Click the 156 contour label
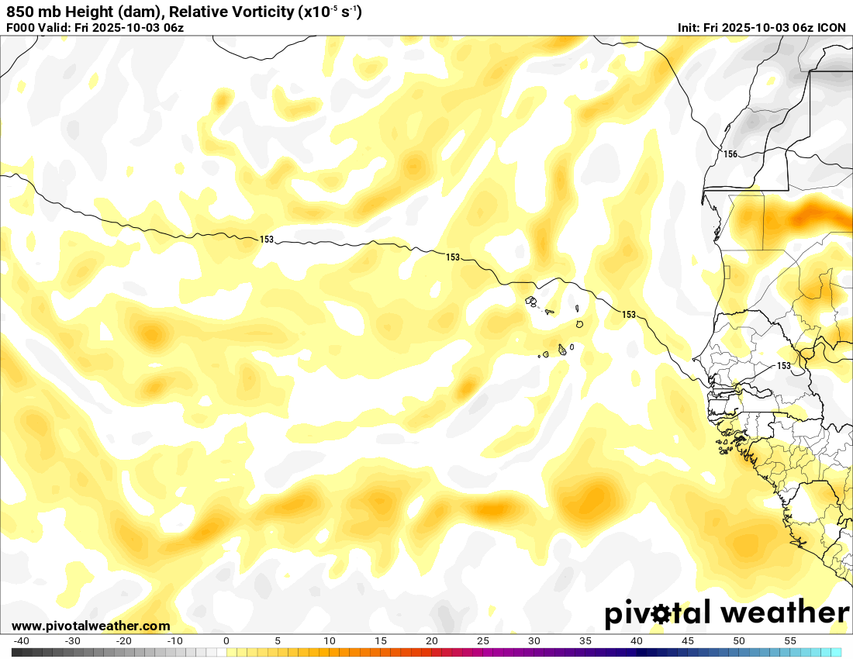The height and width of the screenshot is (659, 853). (730, 154)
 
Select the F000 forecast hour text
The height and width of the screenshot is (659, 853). (21, 28)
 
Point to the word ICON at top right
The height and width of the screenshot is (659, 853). (831, 28)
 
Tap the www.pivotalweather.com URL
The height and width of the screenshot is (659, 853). (91, 626)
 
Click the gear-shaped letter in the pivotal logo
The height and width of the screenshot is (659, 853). (661, 614)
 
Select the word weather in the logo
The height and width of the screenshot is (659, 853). (785, 612)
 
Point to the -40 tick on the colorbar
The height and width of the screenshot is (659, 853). (22, 641)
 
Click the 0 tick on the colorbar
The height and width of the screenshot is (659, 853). (226, 641)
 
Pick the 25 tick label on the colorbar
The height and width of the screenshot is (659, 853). (483, 641)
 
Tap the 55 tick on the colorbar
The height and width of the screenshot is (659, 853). (790, 641)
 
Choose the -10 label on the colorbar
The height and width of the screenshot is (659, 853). (175, 641)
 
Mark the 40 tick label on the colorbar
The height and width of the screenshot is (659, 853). (637, 641)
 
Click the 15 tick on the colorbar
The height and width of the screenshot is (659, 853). (381, 641)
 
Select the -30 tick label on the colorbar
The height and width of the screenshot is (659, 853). (73, 641)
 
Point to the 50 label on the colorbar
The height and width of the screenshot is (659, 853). (739, 641)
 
